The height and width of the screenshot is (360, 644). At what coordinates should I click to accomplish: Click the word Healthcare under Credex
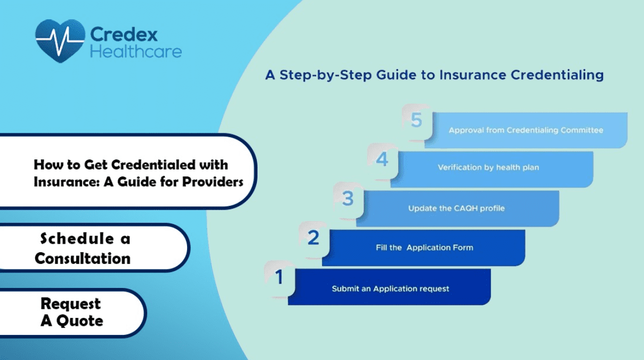click(x=136, y=52)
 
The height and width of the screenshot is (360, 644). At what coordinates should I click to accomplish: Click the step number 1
click(x=279, y=277)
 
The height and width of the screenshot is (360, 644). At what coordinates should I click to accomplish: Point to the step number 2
click(x=313, y=237)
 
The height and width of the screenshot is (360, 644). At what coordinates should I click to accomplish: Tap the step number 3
click(x=348, y=199)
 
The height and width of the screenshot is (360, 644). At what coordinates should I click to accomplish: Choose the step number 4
click(x=382, y=159)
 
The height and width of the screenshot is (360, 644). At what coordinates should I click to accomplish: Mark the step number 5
click(x=416, y=121)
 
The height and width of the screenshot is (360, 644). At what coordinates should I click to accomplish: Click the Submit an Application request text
click(x=390, y=289)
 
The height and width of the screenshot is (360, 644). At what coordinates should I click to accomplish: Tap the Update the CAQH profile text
click(x=456, y=208)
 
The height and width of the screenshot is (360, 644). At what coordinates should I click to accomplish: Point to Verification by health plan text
click(x=488, y=167)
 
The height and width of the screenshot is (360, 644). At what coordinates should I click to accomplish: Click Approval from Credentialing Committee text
click(x=526, y=130)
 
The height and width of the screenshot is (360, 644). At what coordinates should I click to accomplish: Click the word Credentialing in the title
click(x=557, y=75)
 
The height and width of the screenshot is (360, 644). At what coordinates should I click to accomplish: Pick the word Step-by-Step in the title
click(x=321, y=75)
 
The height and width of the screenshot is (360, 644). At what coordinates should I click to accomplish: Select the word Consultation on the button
click(x=83, y=259)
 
